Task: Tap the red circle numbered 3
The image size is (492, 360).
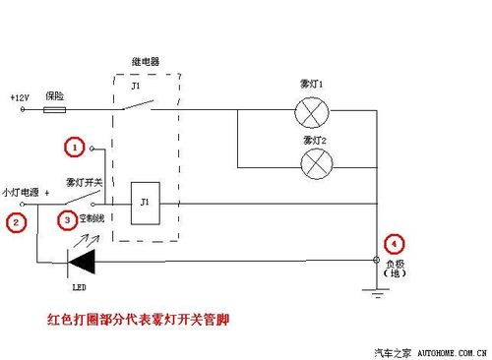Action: point(67,220)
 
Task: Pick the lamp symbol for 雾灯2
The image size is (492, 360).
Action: point(315,162)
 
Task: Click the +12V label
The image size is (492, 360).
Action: point(20,98)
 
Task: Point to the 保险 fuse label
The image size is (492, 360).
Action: point(55,96)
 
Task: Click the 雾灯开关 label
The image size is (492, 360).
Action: point(83,182)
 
